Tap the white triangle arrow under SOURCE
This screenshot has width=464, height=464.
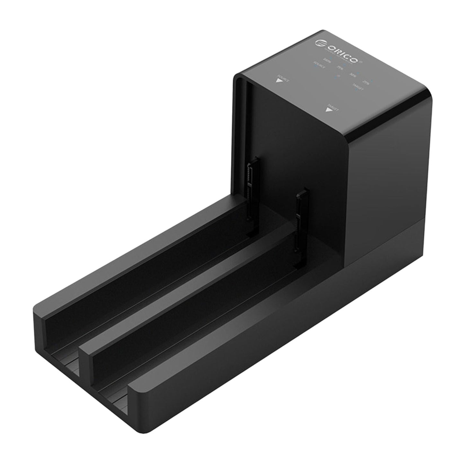point(278,80)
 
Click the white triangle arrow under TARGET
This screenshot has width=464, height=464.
point(328,110)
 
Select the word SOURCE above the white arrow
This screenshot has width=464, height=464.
point(284,78)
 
